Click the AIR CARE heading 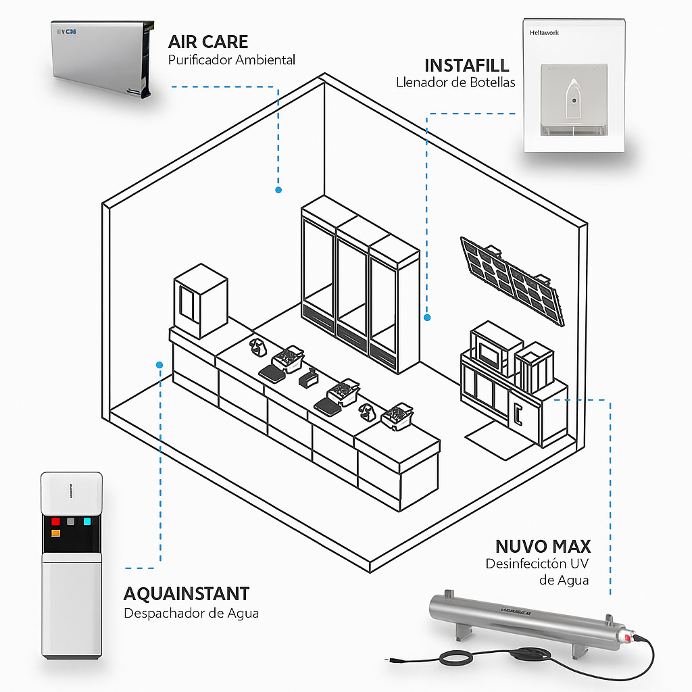coord(208,42)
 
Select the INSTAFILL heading coord(467,66)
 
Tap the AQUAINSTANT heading coord(187,594)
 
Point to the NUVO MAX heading coord(543,546)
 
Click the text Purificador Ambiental coord(232,60)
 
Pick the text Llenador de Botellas coord(455,82)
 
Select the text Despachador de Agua coord(191,613)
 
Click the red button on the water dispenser coord(55,522)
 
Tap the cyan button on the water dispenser coord(86,521)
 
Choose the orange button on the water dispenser coord(55,533)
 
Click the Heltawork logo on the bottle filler coord(545,32)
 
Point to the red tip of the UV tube coord(627,638)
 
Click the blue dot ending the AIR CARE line coord(278,191)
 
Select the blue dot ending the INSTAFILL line coord(427,317)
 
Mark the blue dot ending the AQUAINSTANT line coord(159,364)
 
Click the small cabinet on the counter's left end coord(200,301)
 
